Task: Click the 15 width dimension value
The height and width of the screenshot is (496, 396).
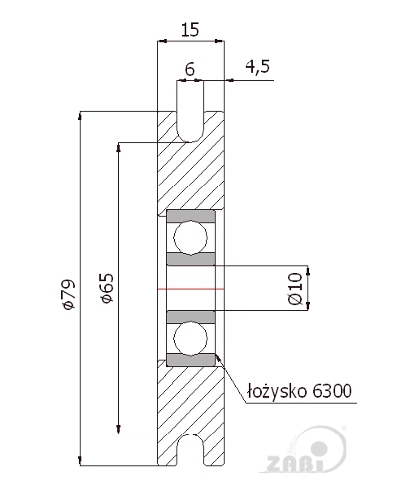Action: coord(190,30)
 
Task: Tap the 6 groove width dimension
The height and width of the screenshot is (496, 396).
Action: coord(190,69)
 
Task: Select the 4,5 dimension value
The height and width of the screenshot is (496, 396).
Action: coord(257,66)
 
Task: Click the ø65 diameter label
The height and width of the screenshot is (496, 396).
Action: coord(107,287)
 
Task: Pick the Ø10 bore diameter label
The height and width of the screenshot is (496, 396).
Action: coord(295,288)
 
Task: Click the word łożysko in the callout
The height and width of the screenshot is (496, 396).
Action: coord(277,392)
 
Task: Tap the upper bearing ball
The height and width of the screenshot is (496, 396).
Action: coord(191,237)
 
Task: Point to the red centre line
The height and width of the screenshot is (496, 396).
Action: coord(191,289)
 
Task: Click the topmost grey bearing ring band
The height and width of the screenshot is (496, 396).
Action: coord(191,216)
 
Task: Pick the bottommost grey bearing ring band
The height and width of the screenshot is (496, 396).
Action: coord(191,360)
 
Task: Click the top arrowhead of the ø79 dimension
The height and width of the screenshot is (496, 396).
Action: coord(80,115)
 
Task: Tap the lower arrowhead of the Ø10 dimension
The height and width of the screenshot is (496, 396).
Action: coord(308,307)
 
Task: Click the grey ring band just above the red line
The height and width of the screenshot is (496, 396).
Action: coord(191,259)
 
